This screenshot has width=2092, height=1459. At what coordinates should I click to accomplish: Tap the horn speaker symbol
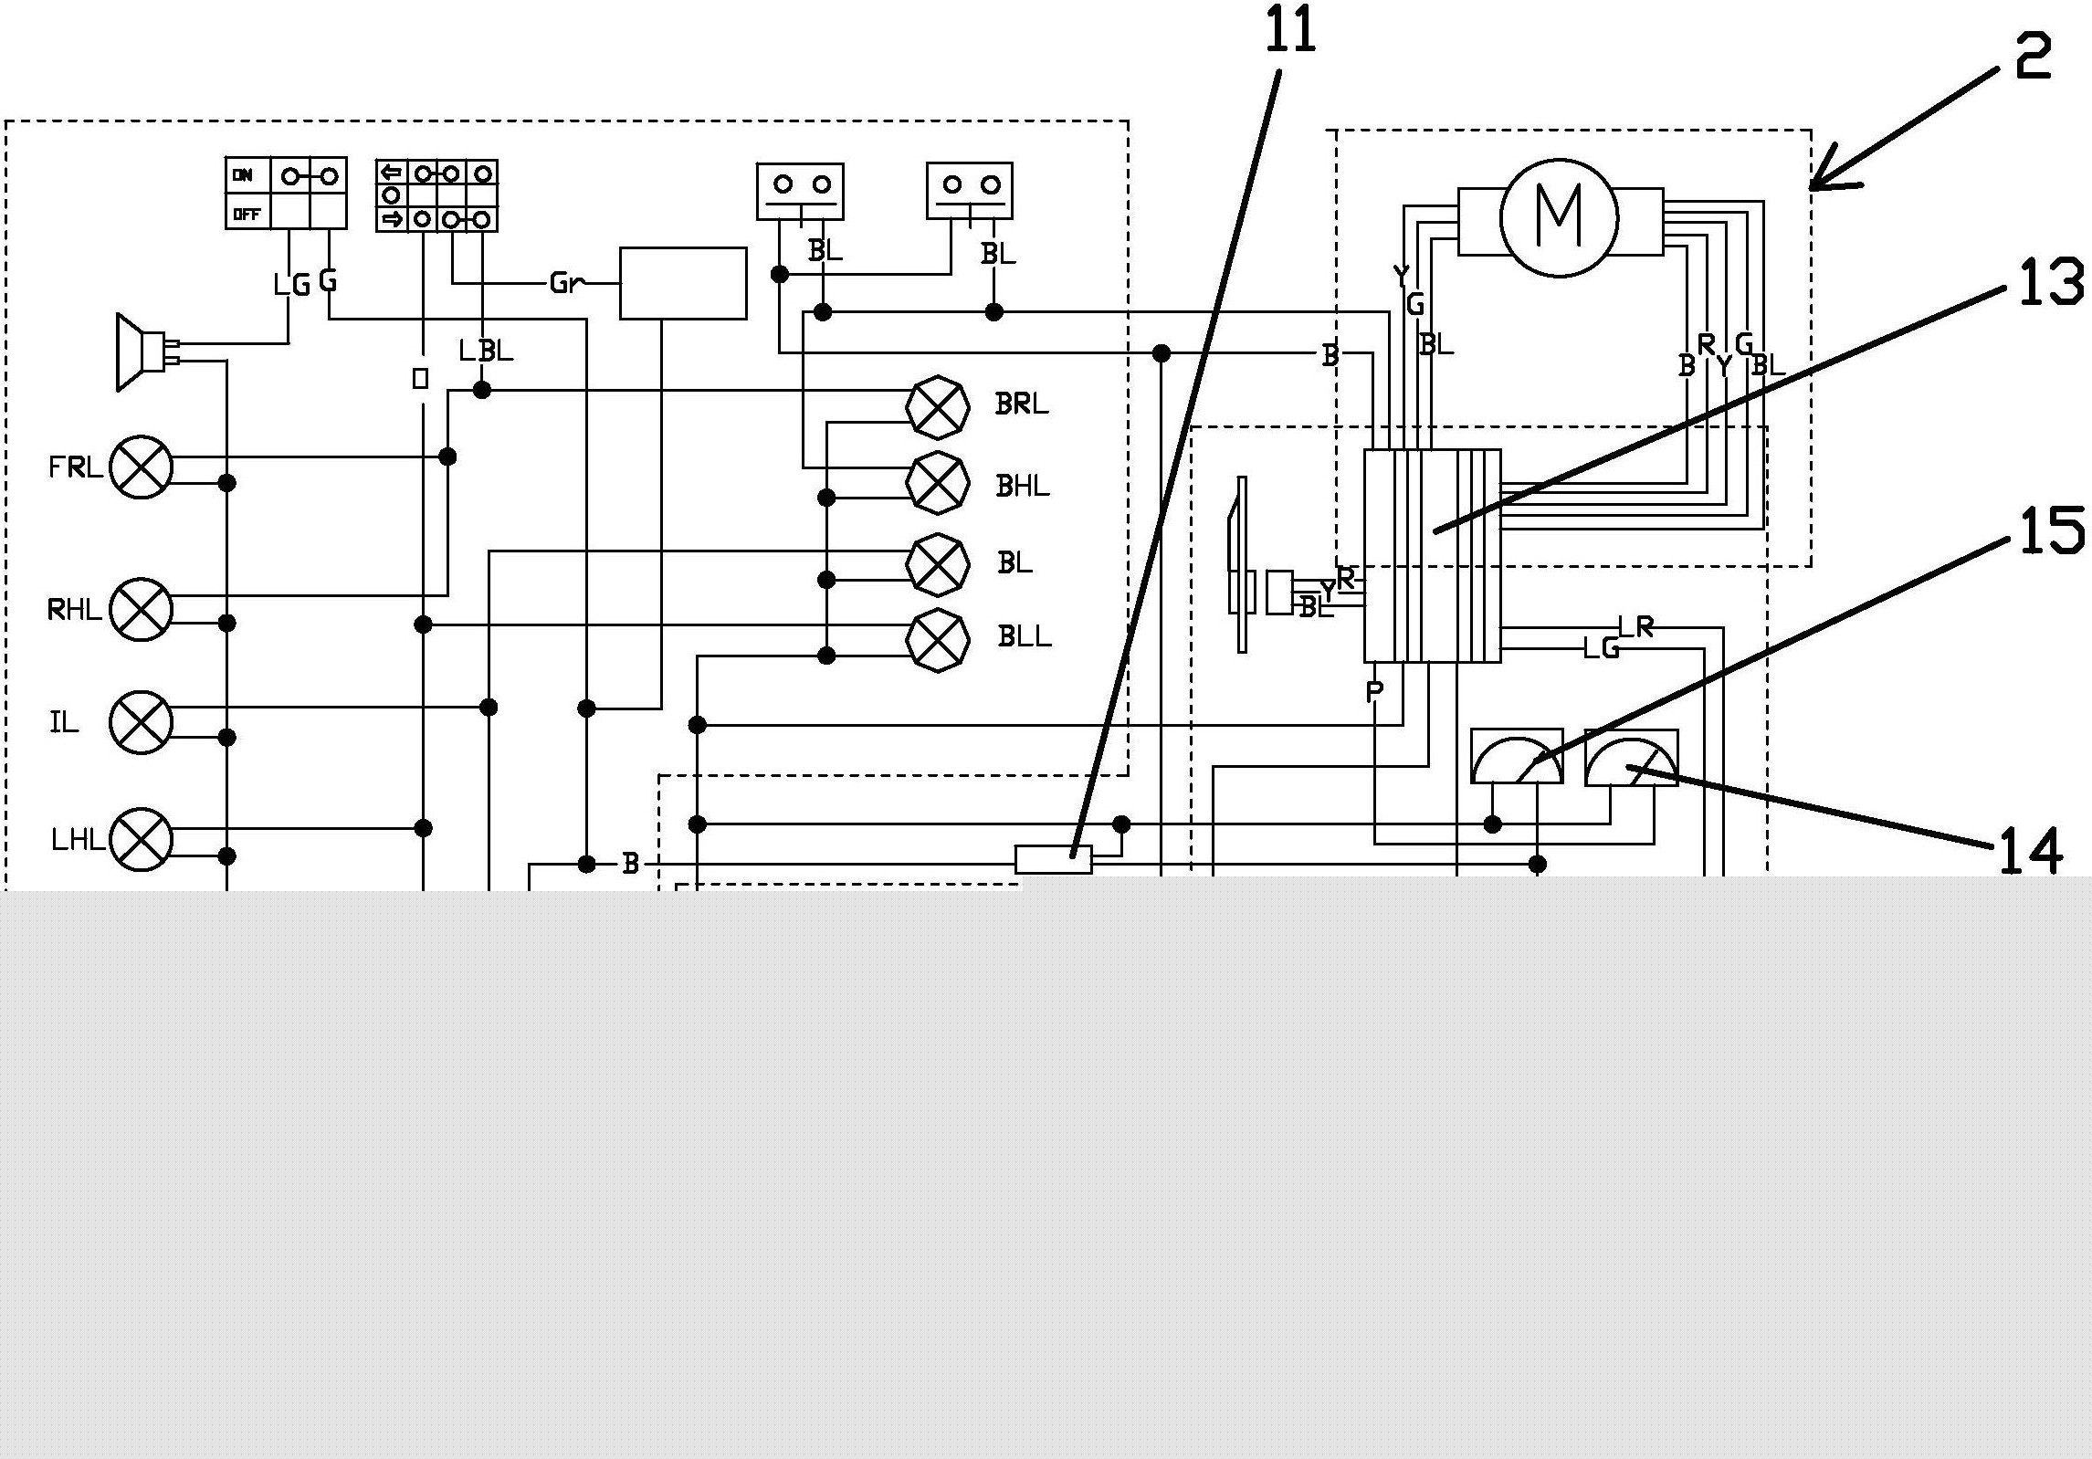click(137, 352)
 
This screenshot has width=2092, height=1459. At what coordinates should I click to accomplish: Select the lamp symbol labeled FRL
click(141, 467)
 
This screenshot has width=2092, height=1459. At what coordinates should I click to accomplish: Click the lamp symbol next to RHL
click(141, 609)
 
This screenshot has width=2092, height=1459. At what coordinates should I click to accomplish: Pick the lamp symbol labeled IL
click(141, 722)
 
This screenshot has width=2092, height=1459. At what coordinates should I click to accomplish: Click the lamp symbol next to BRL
click(937, 407)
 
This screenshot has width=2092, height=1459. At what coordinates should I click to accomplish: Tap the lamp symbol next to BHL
click(937, 483)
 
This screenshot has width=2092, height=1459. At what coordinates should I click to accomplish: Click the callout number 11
click(1290, 31)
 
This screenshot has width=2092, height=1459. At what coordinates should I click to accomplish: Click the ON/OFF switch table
click(286, 193)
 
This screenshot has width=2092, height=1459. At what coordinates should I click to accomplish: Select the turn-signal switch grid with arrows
click(436, 195)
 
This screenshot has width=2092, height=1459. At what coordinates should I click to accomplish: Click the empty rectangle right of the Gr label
click(682, 283)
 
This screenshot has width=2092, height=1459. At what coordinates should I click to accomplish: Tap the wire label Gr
click(563, 284)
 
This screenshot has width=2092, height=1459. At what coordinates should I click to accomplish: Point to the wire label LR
click(1635, 627)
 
